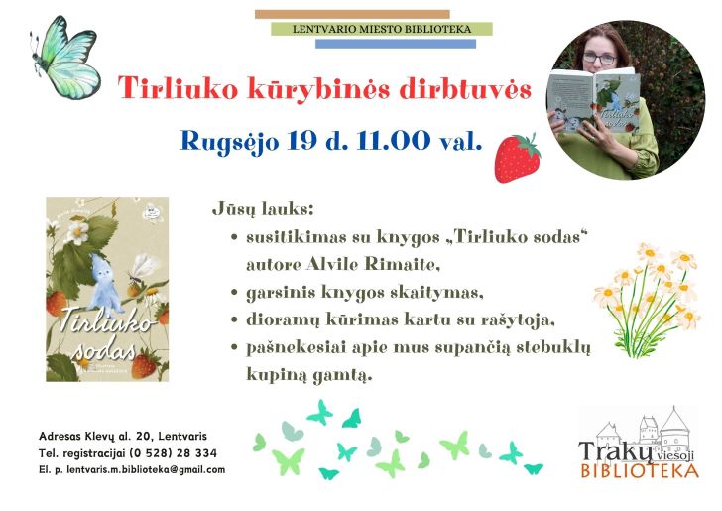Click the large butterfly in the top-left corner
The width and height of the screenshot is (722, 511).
tap(65, 58)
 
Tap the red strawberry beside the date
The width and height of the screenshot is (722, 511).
tap(517, 158)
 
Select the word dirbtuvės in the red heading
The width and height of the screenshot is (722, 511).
tap(465, 87)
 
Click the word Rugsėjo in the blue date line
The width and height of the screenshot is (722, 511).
tap(229, 142)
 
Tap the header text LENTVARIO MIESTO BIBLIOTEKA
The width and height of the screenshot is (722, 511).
tap(382, 29)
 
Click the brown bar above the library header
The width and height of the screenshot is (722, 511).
tap(352, 14)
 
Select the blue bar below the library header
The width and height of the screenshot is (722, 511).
tap(396, 44)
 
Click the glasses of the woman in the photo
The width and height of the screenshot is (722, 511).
tap(599, 59)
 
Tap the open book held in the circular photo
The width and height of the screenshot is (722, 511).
tap(593, 101)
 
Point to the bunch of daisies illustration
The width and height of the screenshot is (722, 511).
tap(647, 301)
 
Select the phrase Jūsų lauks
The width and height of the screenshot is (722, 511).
tap(263, 210)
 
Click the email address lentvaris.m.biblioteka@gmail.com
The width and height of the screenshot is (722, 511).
tap(146, 470)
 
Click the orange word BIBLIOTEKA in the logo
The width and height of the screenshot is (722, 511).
tap(640, 471)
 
